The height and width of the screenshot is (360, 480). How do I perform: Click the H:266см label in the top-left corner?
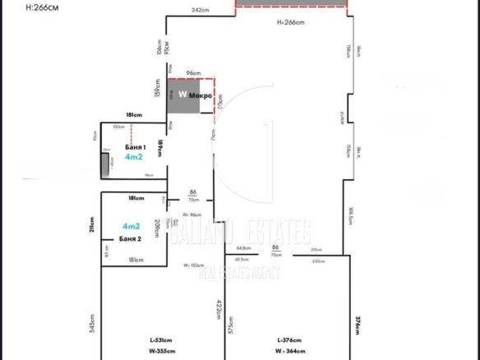tap(22, 7)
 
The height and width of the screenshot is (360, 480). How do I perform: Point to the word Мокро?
tap(201, 96)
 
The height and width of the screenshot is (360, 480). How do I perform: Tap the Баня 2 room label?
tap(130, 238)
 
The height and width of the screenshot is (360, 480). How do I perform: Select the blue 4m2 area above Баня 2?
tap(130, 226)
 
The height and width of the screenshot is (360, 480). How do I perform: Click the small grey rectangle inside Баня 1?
tap(105, 165)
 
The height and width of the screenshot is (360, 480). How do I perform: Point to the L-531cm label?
tap(161, 340)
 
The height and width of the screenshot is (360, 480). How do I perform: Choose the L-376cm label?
tap(289, 340)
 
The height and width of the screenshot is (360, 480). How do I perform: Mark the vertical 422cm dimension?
tap(219, 312)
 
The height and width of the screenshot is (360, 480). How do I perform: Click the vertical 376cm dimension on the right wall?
tap(357, 326)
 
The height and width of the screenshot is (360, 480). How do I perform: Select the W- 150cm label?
tap(194, 265)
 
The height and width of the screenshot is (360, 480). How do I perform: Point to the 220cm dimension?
tap(318, 261)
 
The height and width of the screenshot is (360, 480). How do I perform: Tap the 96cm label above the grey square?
tap(193, 72)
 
